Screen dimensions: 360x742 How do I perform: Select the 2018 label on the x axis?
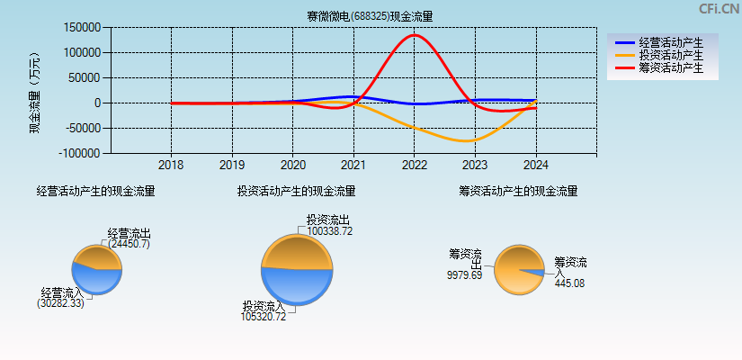[x=171, y=166]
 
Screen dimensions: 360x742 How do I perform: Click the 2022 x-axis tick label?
[x=414, y=166]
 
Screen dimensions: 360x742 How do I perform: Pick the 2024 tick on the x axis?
[x=535, y=166]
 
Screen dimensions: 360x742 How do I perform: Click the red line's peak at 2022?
[x=414, y=35]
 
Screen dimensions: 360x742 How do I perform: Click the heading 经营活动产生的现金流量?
[x=95, y=191]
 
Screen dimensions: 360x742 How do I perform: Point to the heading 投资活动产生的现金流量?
[x=296, y=191]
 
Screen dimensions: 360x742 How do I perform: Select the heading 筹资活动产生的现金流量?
[x=518, y=191]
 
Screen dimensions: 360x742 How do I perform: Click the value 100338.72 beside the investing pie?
[x=329, y=231]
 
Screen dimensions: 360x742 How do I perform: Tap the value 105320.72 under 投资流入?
[x=263, y=317]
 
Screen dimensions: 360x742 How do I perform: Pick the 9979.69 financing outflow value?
[x=464, y=275]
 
